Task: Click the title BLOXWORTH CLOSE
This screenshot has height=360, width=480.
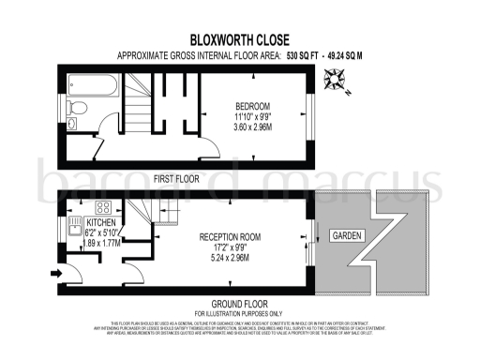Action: point(240,39)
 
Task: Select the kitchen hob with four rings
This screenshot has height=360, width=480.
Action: point(104,207)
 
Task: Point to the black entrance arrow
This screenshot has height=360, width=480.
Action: point(55,274)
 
